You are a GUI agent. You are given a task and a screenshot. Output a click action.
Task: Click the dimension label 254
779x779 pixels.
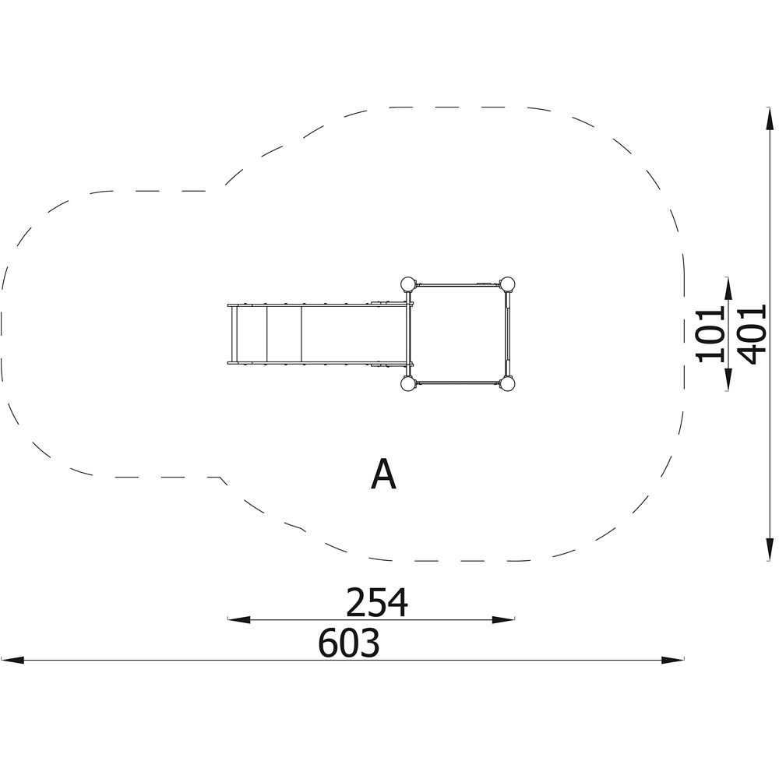[376, 602]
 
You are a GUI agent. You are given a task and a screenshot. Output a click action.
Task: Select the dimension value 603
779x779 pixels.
[349, 643]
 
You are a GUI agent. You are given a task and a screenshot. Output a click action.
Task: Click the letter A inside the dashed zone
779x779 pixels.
[383, 474]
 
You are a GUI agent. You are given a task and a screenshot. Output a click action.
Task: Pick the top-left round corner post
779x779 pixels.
[407, 284]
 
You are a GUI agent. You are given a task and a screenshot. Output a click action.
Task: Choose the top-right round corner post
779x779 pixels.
[507, 284]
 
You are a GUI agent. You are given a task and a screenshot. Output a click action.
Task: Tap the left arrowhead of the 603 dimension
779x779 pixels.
[12, 660]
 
